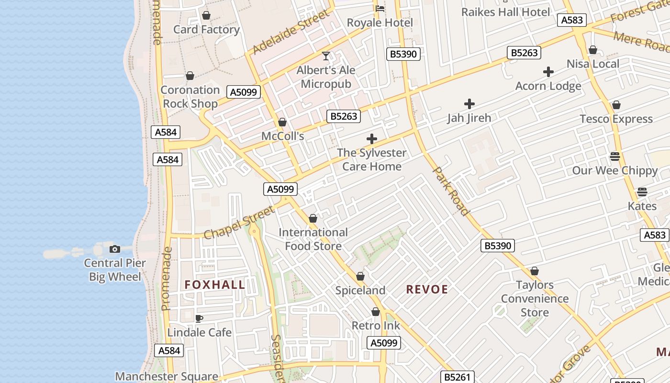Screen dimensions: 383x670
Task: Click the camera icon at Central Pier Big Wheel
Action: point(115,249)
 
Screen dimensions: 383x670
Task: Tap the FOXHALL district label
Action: point(215,285)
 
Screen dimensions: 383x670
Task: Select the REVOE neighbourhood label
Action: point(427,289)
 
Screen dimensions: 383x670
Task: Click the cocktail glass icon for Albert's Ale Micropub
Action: point(326,56)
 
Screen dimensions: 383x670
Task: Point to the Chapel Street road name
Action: point(239,223)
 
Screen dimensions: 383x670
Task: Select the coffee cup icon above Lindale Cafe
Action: point(199,318)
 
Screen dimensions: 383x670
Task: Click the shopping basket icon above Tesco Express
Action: point(616,105)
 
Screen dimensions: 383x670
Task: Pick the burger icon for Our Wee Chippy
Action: point(615,157)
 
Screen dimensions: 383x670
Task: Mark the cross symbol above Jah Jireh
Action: point(469,104)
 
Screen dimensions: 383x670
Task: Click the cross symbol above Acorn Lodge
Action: point(548,72)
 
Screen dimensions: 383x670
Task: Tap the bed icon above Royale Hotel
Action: point(380,9)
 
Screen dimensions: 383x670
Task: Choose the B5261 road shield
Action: point(457,377)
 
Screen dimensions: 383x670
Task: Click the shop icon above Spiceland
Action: point(360,277)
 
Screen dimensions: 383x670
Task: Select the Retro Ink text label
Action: point(376,326)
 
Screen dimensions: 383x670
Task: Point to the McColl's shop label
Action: point(282,136)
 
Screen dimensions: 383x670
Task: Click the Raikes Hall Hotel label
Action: point(505,12)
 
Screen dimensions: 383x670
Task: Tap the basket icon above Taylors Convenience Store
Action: point(535,271)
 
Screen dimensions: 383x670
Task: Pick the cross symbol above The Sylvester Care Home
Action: point(372,139)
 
